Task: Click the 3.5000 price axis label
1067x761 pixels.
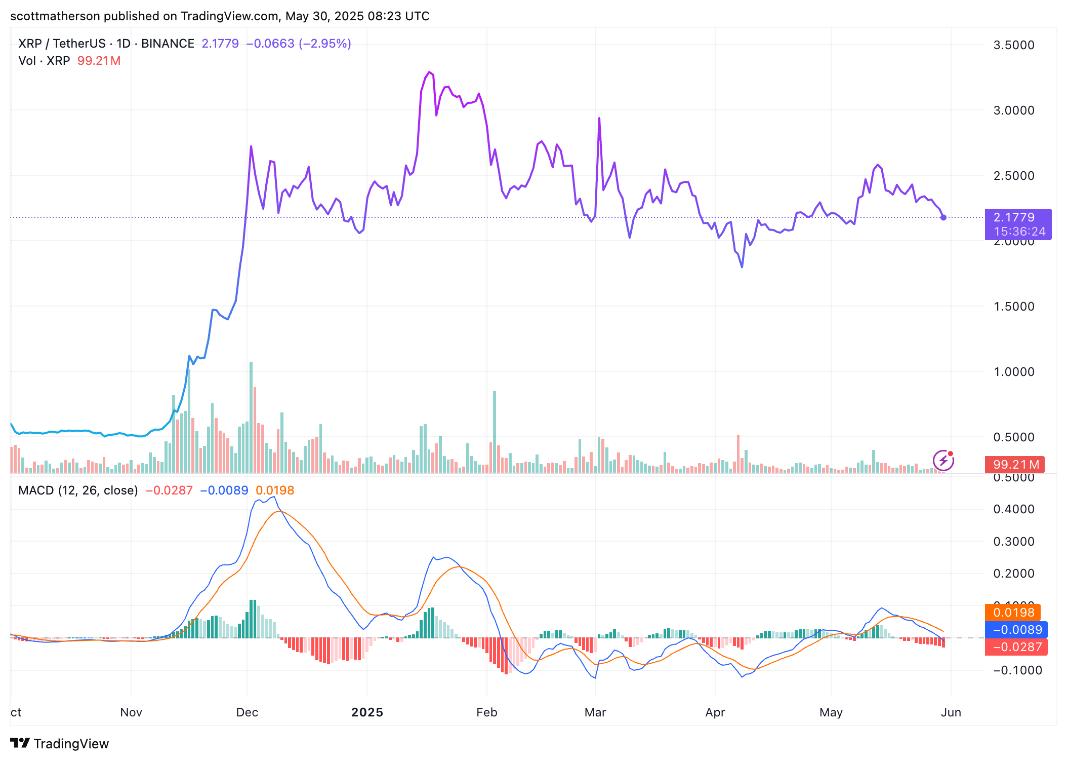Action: pyautogui.click(x=1013, y=45)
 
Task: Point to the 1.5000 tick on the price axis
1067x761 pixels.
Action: pyautogui.click(x=1013, y=307)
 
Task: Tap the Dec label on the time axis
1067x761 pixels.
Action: pyautogui.click(x=247, y=712)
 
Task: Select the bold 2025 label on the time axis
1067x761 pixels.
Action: pyautogui.click(x=367, y=712)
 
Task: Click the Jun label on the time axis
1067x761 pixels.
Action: pyautogui.click(x=951, y=712)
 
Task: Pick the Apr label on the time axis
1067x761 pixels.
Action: pyautogui.click(x=715, y=712)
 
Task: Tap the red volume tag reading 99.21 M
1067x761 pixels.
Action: pyautogui.click(x=1015, y=465)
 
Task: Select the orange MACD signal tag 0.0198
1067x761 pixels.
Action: pyautogui.click(x=1013, y=613)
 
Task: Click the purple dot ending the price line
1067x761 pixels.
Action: pyautogui.click(x=943, y=218)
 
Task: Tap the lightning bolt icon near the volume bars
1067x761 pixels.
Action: pyautogui.click(x=943, y=461)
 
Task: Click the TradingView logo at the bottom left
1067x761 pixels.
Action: pyautogui.click(x=60, y=743)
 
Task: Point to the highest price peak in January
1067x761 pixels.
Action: pyautogui.click(x=429, y=72)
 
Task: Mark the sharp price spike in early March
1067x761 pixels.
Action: pyautogui.click(x=599, y=119)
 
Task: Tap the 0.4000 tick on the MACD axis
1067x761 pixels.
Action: pyautogui.click(x=1013, y=509)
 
